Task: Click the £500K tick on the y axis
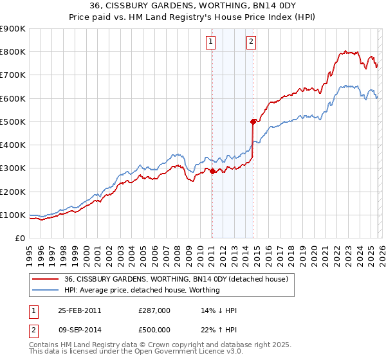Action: point(13,122)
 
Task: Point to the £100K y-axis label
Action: point(13,215)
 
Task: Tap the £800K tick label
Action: point(13,52)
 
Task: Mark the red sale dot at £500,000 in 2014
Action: point(253,122)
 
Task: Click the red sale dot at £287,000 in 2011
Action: point(212,171)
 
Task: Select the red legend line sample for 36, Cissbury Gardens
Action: point(45,279)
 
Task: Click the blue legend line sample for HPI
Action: point(45,290)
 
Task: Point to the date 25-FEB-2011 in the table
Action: point(79,310)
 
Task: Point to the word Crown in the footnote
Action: point(147,345)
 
